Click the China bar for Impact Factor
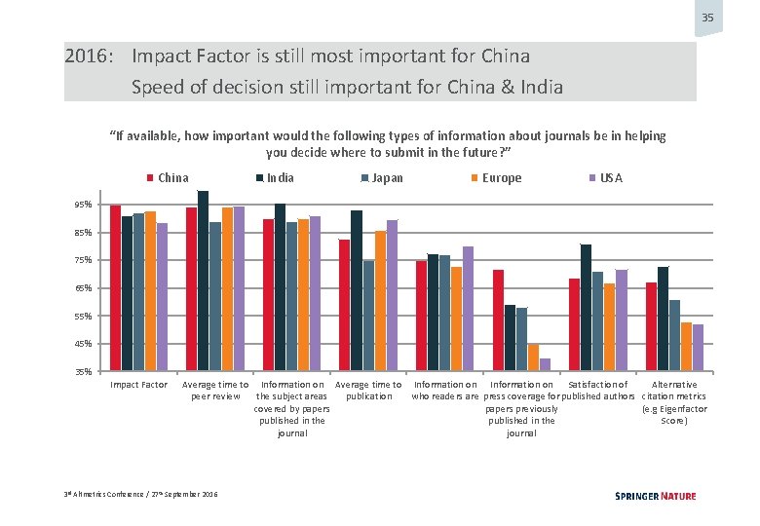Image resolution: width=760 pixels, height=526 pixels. pos(115,287)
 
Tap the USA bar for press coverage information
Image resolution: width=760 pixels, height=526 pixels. pos(545,364)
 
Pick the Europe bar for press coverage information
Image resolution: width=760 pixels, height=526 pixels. pos(533,357)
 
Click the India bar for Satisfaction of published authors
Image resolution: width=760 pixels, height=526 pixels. pos(586,307)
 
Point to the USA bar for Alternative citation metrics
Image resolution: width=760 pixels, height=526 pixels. pos(698,347)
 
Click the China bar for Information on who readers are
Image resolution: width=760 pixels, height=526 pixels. pos(421,315)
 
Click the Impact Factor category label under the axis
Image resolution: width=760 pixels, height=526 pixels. pos(138,386)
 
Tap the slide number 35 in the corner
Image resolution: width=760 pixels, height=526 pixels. pos(707,19)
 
